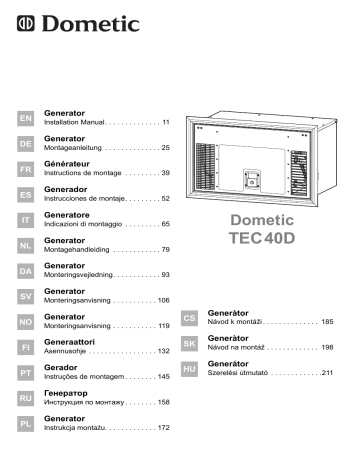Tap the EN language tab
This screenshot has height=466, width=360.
pos(26,117)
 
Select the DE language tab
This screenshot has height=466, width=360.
pos(26,144)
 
